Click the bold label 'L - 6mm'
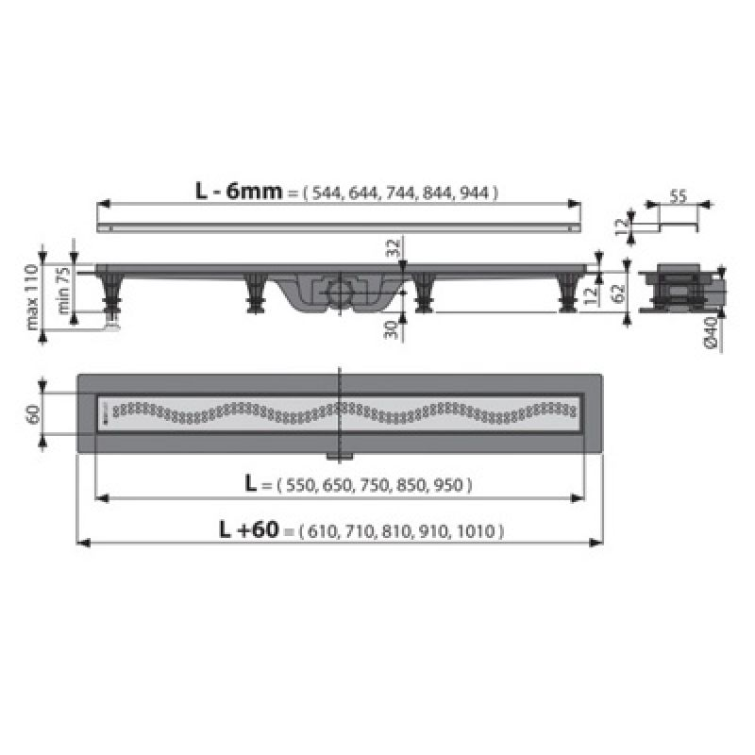pos(239,191)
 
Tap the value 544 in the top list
pos(325,193)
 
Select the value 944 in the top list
pos(476,193)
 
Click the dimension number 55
pos(678,198)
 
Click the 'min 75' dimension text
pos(63,289)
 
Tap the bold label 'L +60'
pos(249,530)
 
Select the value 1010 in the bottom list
pos(479,532)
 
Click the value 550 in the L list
pos(301,485)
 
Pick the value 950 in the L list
pos(451,485)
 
